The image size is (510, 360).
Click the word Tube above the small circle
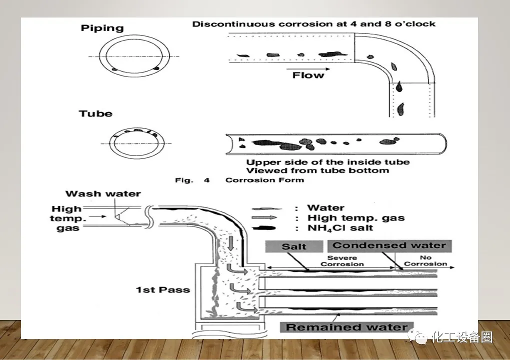pyautogui.click(x=95, y=114)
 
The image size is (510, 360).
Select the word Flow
pyautogui.click(x=308, y=75)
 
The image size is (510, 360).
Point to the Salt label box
pyautogui.click(x=294, y=246)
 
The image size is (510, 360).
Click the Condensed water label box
pyautogui.click(x=389, y=245)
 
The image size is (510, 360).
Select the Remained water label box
pyautogui.click(x=347, y=327)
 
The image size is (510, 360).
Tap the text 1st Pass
pyautogui.click(x=163, y=289)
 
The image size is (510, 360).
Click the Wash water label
pyautogui.click(x=103, y=194)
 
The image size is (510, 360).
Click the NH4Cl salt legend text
pyautogui.click(x=340, y=228)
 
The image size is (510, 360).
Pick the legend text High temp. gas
pyautogui.click(x=356, y=218)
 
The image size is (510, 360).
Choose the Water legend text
pyautogui.click(x=326, y=207)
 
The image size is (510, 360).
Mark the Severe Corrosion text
pyautogui.click(x=342, y=261)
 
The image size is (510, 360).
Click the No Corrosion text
pyautogui.click(x=425, y=261)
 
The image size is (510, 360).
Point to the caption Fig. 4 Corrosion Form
pyautogui.click(x=239, y=180)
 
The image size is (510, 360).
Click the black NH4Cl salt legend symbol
pyautogui.click(x=268, y=228)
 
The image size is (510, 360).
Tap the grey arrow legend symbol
pyautogui.click(x=268, y=218)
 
